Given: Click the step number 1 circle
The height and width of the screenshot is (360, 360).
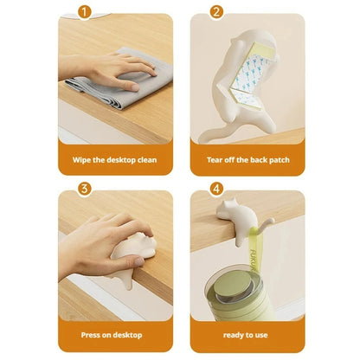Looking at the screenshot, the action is click(84, 12).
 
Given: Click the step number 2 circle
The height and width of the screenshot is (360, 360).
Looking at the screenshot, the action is click(216, 12).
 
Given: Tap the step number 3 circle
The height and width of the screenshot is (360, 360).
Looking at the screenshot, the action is click(84, 189).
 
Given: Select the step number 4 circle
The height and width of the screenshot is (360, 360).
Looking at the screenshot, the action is click(216, 189).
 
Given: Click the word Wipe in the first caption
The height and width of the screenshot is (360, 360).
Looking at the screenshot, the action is click(81, 160).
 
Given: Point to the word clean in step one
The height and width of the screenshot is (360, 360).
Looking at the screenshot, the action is click(147, 160).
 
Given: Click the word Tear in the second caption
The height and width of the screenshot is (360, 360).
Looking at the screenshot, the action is click(215, 160).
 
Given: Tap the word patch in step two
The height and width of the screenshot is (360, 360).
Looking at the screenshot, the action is click(279, 160).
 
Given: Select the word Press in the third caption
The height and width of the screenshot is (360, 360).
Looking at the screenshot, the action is click(90, 335).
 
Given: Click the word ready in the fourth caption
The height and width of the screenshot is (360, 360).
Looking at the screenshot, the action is click(233, 336).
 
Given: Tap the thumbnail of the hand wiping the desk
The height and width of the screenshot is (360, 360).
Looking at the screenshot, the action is click(115, 79).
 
